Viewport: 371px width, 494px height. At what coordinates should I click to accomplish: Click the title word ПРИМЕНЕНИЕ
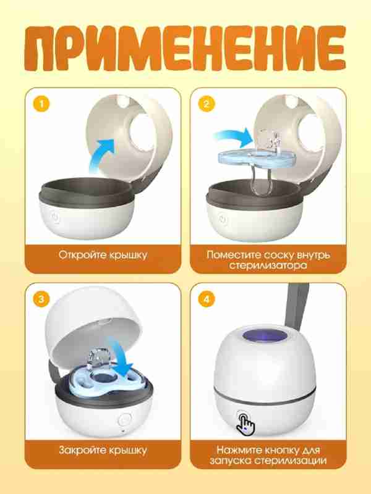(185, 48)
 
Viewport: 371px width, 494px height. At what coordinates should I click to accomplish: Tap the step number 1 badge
(41, 104)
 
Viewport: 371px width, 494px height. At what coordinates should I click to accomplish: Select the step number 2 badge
(207, 104)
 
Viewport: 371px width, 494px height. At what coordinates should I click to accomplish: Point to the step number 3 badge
(41, 299)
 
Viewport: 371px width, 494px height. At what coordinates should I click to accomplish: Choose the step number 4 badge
(207, 299)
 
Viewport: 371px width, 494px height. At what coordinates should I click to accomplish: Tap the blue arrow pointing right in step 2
(234, 137)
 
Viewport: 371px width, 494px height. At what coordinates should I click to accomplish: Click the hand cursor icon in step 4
(245, 424)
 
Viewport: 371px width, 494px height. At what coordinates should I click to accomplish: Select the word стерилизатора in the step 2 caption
(268, 266)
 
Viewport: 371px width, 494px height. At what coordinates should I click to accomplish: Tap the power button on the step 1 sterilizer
(55, 217)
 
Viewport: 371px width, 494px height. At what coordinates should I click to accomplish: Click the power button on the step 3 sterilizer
(124, 420)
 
